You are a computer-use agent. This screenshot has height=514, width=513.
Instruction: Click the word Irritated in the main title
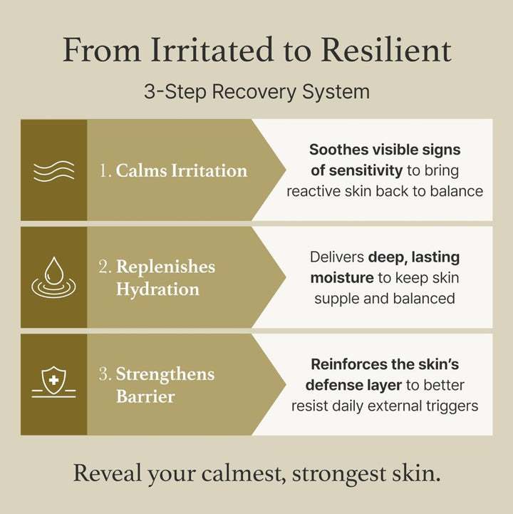tap(212, 50)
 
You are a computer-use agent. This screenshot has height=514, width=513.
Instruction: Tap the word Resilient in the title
tap(387, 50)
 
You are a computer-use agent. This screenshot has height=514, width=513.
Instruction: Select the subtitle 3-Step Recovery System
tap(256, 91)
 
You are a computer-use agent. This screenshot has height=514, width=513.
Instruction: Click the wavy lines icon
tap(53, 171)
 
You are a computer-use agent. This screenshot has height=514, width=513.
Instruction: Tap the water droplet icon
tap(53, 277)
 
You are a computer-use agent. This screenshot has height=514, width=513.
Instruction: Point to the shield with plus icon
tap(53, 382)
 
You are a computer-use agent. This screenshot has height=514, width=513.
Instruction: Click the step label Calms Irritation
tap(182, 171)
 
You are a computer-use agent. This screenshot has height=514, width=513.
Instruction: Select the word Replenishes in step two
tap(166, 267)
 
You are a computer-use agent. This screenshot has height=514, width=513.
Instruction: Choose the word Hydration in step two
tap(157, 289)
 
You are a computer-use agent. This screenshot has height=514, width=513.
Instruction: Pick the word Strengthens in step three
tap(165, 374)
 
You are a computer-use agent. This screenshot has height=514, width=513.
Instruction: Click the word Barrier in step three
tap(145, 396)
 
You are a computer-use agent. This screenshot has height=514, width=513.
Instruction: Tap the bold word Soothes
tap(339, 150)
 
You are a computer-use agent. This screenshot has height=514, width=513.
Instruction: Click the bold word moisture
tap(342, 278)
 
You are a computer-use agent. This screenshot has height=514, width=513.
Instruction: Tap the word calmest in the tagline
tap(244, 473)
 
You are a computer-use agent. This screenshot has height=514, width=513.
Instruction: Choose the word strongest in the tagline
tap(338, 474)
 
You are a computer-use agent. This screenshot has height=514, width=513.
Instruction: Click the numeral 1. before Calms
tap(105, 171)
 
